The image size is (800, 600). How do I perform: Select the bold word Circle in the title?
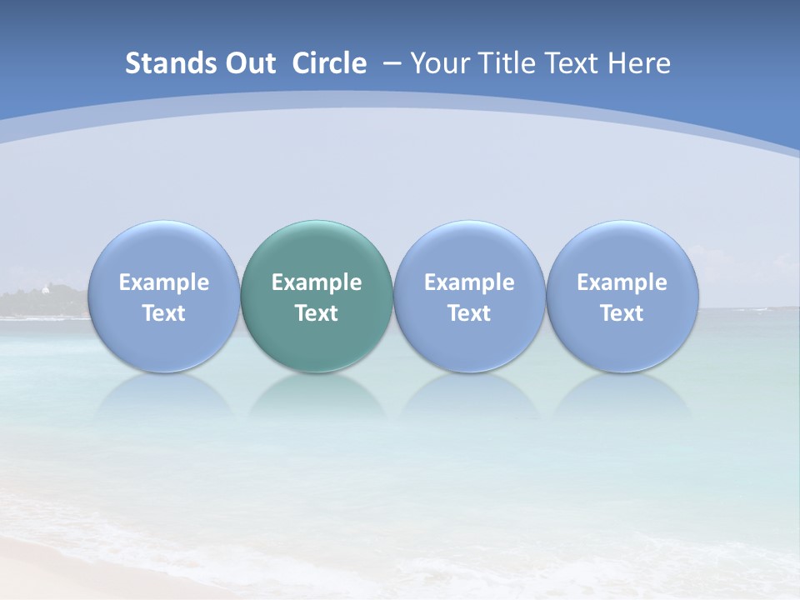click(x=329, y=63)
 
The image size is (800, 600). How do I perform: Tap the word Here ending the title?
click(x=639, y=63)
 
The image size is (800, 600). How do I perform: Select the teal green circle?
click(x=316, y=296)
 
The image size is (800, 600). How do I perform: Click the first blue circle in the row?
click(x=163, y=296)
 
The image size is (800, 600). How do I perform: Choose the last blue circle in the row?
click(x=622, y=296)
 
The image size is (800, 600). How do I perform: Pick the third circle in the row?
click(x=469, y=296)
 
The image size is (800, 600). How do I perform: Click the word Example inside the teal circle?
click(x=317, y=282)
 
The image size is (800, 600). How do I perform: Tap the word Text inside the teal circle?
click(x=317, y=313)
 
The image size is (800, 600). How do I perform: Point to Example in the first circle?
click(x=164, y=282)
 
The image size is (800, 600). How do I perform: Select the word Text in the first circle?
click(x=164, y=313)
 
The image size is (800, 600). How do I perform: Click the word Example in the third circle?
click(x=469, y=282)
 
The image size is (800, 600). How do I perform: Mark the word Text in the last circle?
click(x=622, y=313)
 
